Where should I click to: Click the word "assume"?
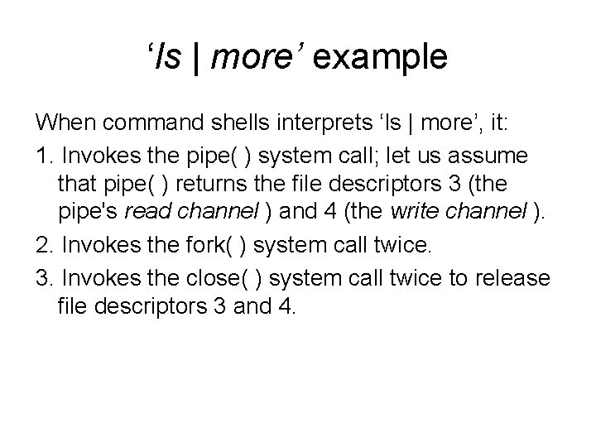(512, 155)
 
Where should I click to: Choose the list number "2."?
(43, 247)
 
